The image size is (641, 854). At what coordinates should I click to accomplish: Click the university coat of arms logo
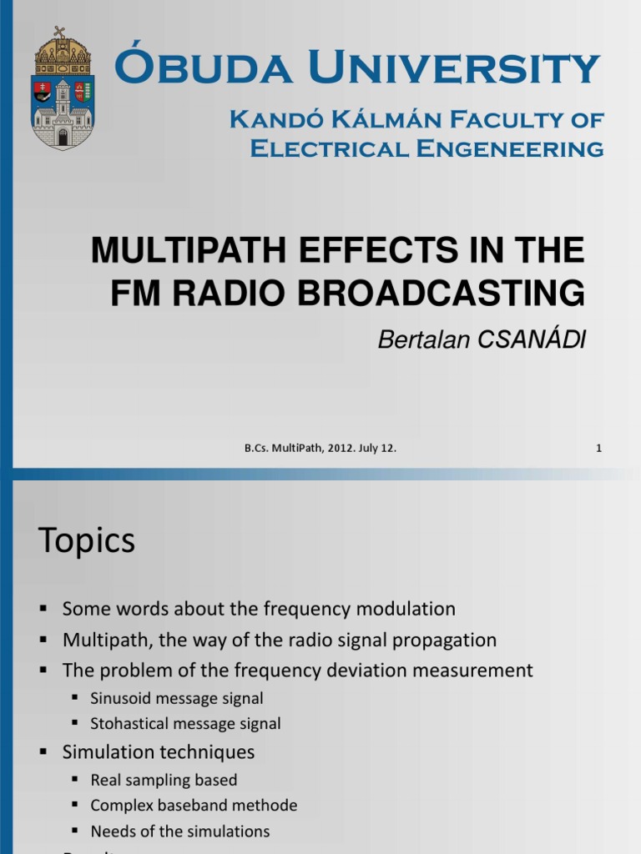tap(63, 88)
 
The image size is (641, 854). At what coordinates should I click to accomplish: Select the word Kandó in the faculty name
tap(266, 119)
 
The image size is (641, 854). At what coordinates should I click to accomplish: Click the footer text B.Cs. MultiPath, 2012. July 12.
tap(320, 448)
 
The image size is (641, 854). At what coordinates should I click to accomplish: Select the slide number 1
tap(598, 448)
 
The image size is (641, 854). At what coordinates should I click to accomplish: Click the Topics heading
tap(86, 541)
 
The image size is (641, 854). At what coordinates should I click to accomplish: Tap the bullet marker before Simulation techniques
tap(44, 752)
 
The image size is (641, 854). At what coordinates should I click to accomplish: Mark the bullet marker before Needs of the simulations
tap(74, 832)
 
